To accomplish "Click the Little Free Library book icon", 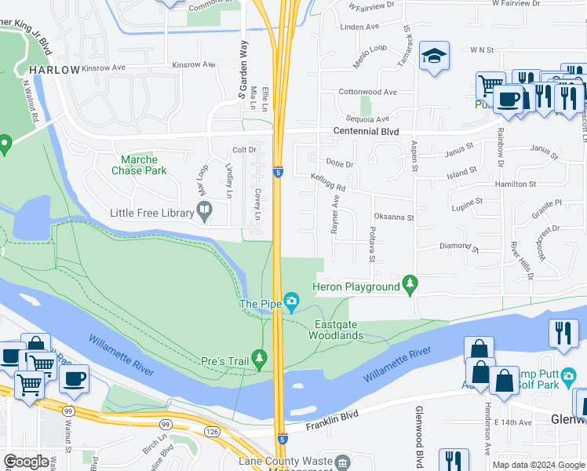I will (x=204, y=212).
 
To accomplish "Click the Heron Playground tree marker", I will (x=409, y=286).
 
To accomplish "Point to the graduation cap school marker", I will (x=434, y=57).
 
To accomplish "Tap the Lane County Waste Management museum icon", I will (x=343, y=463).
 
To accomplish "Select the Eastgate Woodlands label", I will (x=339, y=330).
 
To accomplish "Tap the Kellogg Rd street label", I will (x=328, y=183).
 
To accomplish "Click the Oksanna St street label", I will (x=393, y=217).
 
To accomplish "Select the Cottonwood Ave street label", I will (x=367, y=92).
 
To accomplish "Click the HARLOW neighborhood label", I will (x=55, y=70).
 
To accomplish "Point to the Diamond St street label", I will (x=458, y=246).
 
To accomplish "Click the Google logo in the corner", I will (x=26, y=462).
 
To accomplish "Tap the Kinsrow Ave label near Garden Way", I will (x=193, y=64).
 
